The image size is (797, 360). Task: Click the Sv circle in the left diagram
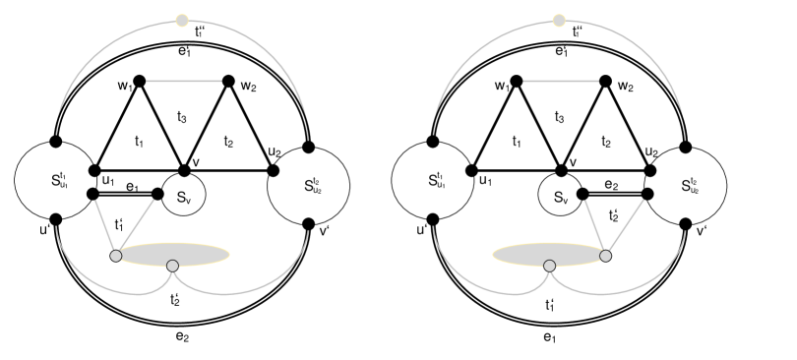click(183, 196)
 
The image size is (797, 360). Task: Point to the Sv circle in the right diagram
click(561, 196)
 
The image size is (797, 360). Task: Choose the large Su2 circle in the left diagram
click(309, 184)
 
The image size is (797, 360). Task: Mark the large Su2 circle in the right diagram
click(687, 184)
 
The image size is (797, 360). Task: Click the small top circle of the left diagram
click(181, 20)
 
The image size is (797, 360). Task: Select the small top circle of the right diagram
click(559, 20)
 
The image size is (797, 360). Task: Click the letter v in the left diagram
click(195, 162)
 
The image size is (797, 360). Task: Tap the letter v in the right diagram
click(573, 162)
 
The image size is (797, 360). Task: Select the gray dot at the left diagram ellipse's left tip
click(116, 256)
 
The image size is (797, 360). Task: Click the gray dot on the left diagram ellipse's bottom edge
click(172, 266)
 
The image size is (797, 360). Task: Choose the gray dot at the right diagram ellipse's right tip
click(605, 256)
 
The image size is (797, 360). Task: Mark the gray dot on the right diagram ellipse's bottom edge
click(549, 266)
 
